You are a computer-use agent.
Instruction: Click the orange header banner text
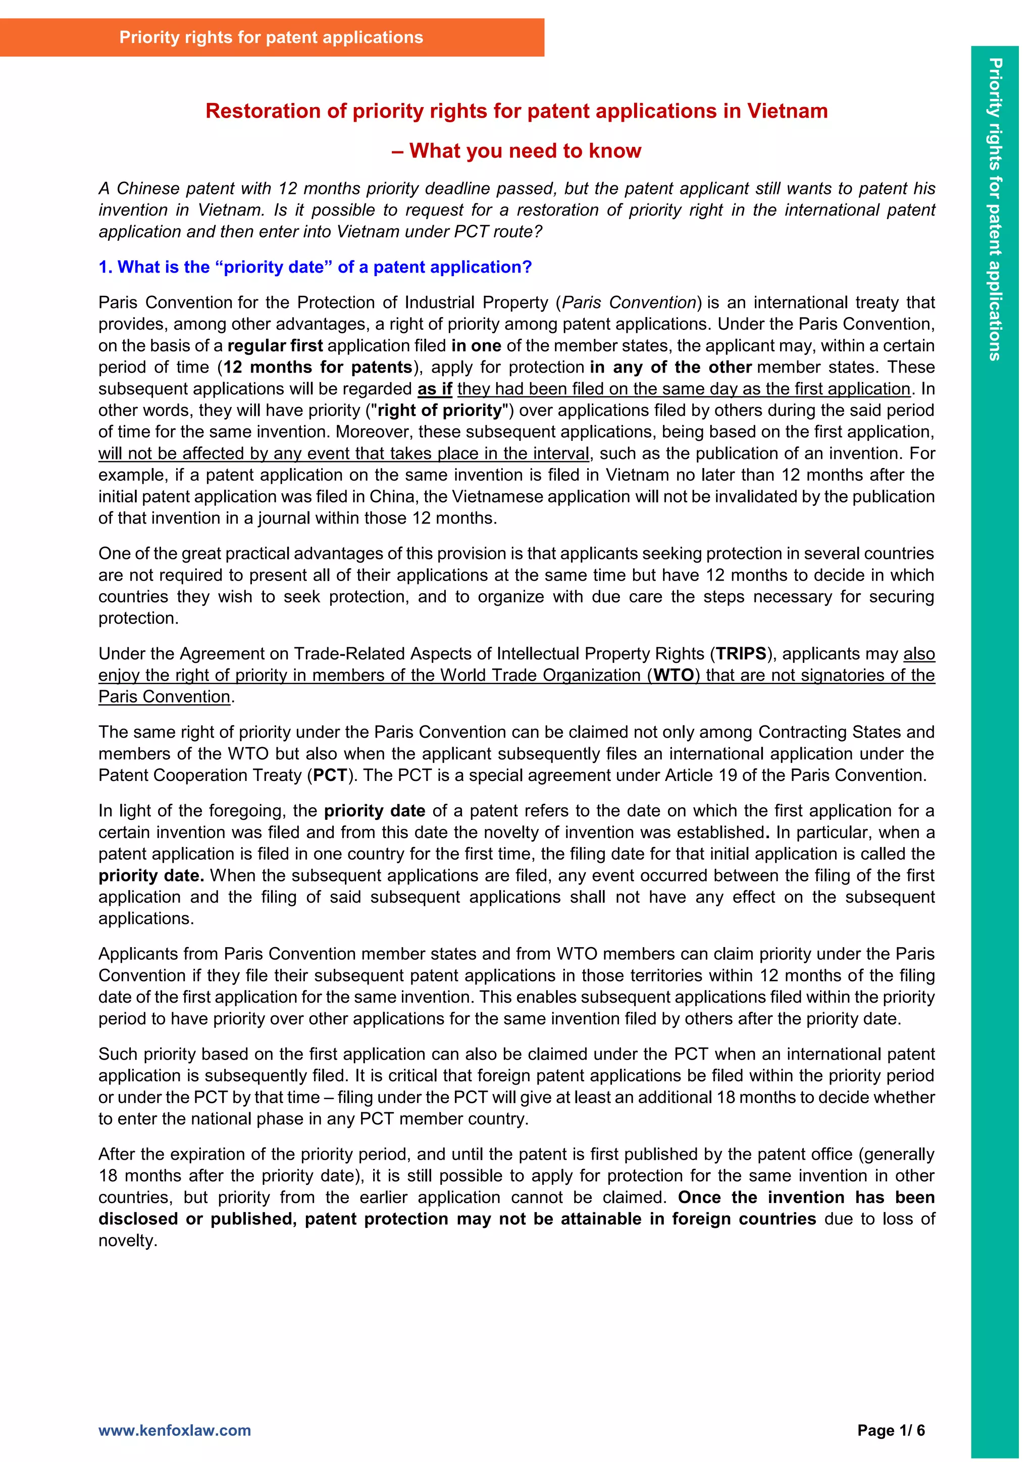(271, 37)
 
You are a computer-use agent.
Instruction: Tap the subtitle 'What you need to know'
(525, 151)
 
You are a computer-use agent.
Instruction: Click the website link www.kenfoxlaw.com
(175, 1430)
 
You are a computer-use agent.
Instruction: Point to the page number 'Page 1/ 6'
(891, 1430)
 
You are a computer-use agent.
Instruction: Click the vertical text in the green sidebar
(995, 210)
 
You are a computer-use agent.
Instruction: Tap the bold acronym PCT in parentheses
(330, 775)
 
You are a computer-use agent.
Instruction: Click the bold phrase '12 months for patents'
(317, 368)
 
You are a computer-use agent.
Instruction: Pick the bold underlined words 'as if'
(434, 389)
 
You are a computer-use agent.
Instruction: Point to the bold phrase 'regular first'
(275, 346)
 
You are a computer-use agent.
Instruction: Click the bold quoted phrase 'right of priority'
(439, 411)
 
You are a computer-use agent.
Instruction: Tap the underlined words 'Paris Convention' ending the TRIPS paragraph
(164, 697)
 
